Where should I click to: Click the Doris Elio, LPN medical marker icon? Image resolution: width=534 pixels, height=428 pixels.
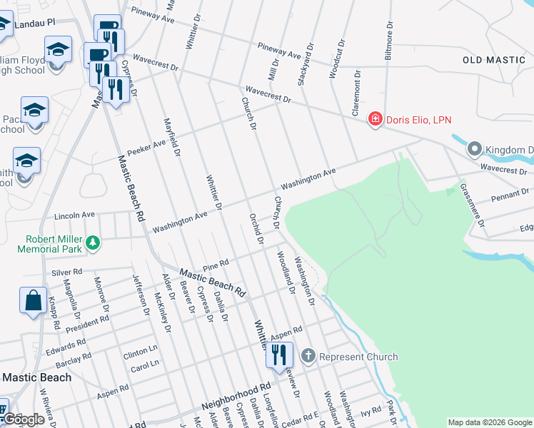[x=375, y=119]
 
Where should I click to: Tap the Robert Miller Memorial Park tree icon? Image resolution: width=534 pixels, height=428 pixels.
[x=93, y=244]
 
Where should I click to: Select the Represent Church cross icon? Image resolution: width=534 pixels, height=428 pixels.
[x=308, y=356]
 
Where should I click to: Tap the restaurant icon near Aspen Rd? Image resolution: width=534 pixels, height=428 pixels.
[x=278, y=354]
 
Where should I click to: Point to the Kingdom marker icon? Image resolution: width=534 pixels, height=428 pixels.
[x=475, y=150]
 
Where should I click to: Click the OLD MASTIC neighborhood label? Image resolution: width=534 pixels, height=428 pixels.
[x=494, y=60]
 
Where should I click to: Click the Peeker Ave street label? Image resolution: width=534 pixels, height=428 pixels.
[x=146, y=148]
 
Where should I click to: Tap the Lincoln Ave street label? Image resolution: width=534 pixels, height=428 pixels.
[x=74, y=215]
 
